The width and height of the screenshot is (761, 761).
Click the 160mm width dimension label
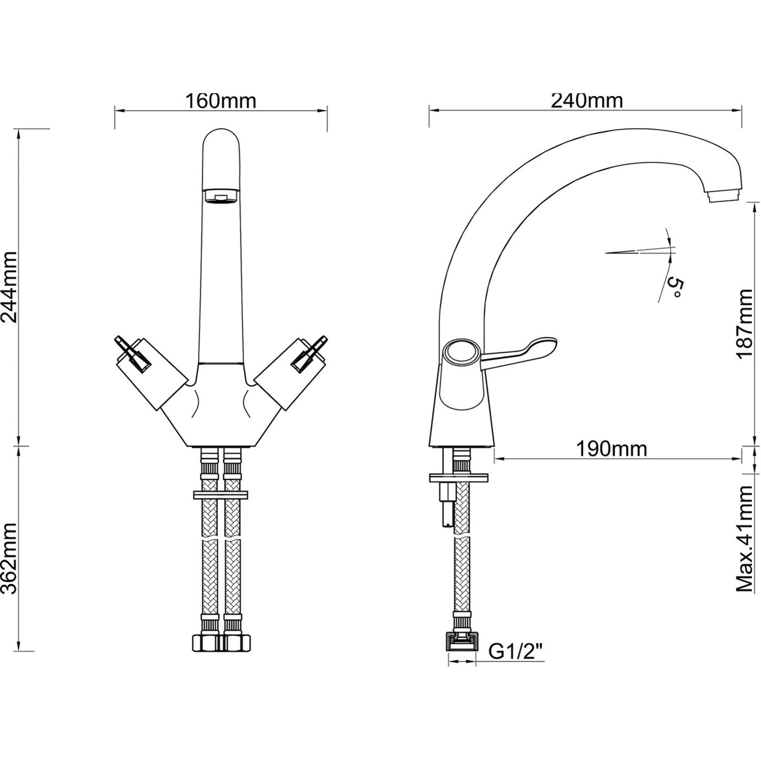pos(221,101)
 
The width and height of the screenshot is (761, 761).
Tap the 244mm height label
pos(10,287)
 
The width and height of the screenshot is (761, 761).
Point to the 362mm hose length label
pos(10,559)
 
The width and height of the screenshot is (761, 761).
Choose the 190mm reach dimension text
pos(611,449)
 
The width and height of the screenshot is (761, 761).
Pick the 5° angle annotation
pos(675,288)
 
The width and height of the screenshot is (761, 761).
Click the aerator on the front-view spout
pos(221,196)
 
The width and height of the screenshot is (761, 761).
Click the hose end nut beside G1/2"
pos(462,642)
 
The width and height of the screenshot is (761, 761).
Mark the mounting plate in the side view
pos(459,478)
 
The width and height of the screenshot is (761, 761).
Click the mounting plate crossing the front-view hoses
pos(221,495)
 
